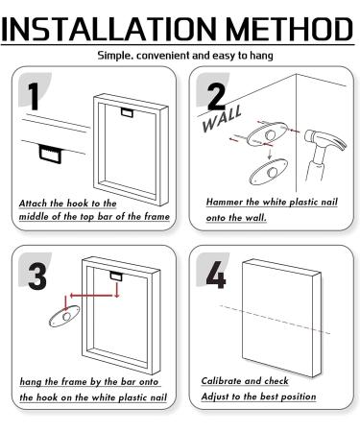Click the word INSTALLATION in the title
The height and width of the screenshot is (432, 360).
108,29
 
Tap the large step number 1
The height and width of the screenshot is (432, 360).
34,97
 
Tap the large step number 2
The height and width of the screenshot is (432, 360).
217,96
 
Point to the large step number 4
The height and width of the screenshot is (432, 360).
216,275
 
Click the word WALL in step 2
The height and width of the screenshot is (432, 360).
222,119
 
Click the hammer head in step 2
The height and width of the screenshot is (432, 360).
324,141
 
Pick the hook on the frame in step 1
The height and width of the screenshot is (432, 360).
127,113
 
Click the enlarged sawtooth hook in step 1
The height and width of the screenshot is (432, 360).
50,154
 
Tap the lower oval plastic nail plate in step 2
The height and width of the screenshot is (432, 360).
269,171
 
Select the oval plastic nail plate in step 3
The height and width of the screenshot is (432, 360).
64,316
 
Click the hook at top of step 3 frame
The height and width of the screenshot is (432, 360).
116,276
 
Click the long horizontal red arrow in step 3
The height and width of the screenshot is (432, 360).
91,296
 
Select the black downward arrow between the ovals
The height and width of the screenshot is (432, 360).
270,154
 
